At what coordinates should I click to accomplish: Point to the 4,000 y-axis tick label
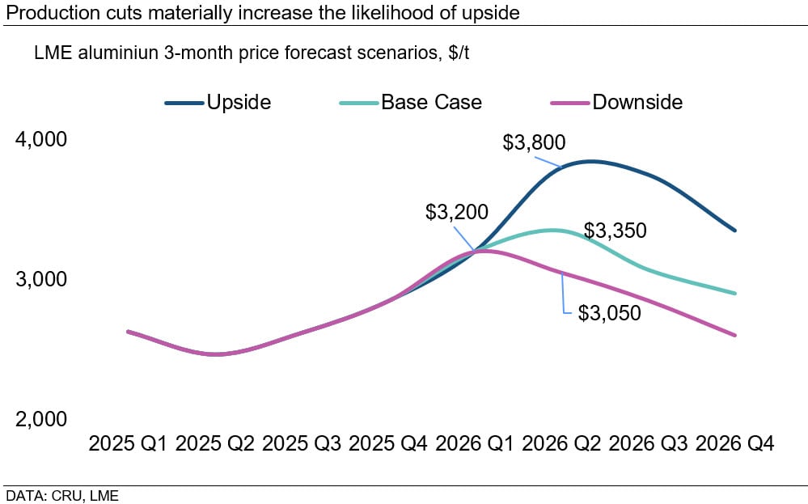(x=41, y=140)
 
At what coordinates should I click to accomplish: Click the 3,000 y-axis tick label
(x=41, y=280)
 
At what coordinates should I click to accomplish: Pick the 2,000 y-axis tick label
(x=41, y=419)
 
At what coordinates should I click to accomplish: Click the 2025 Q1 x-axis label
(x=129, y=444)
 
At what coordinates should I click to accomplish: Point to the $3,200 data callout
(x=457, y=213)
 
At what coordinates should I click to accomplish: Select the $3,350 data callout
(x=616, y=231)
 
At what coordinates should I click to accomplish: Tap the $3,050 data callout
(x=609, y=313)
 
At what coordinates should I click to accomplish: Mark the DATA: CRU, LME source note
(x=62, y=495)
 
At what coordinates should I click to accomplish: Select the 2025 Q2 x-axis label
(x=215, y=444)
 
